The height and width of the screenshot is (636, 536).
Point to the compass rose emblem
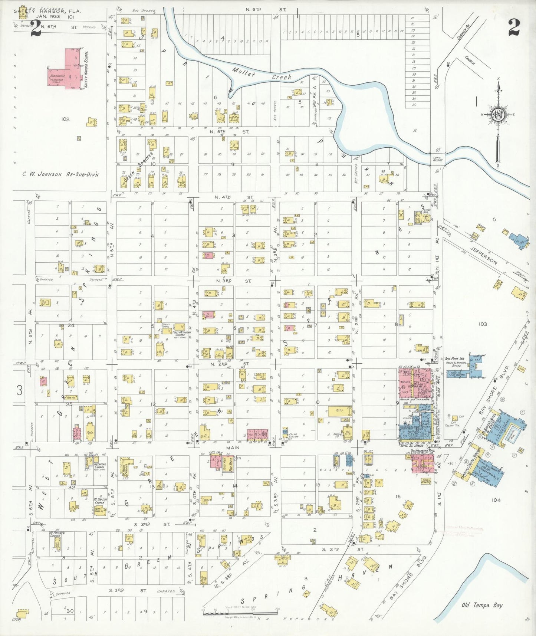tap(497, 114)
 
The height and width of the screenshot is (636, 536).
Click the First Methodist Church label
tap(182, 333)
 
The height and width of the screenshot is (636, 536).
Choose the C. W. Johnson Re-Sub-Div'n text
tap(60, 174)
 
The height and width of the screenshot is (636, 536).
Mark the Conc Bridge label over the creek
tap(437, 158)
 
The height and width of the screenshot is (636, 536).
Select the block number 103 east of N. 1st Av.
tap(483, 324)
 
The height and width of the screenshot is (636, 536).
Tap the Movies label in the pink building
tap(405, 382)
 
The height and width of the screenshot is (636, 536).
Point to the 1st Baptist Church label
tap(100, 501)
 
